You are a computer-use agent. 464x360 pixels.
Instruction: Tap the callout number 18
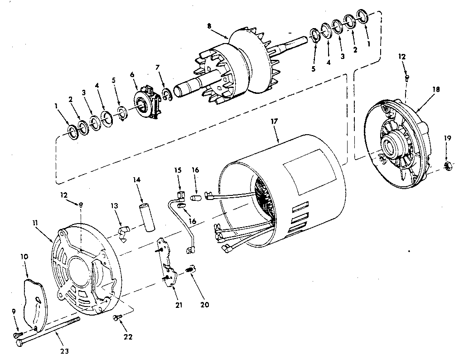(x=436, y=89)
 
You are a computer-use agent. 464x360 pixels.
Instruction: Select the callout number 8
(x=209, y=26)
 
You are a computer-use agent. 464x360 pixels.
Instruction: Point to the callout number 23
(x=64, y=351)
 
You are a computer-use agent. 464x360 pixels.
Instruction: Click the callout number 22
(x=128, y=336)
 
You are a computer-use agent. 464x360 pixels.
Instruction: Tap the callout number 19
(x=447, y=138)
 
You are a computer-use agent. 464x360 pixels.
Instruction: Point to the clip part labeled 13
(x=123, y=233)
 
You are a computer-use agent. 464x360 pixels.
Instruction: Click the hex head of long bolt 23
(x=19, y=344)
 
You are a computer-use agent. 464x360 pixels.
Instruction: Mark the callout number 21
(x=179, y=305)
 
